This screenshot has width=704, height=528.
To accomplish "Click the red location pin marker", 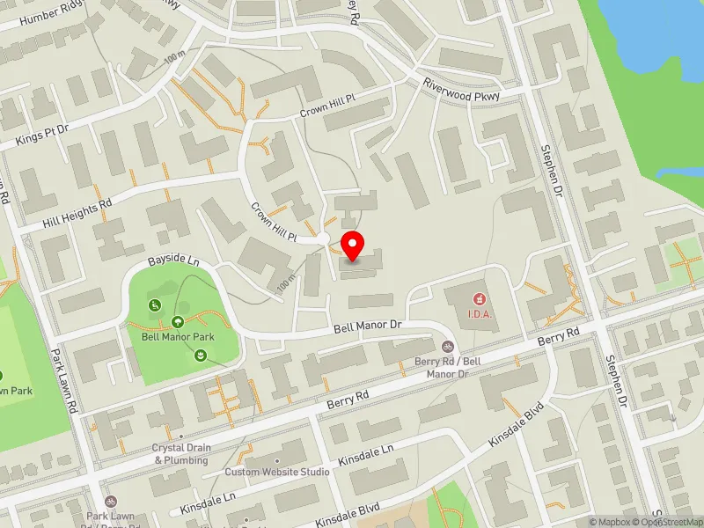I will [353, 245].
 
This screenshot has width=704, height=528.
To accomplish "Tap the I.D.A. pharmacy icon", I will [480, 299].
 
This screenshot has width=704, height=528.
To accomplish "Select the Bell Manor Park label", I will [179, 336].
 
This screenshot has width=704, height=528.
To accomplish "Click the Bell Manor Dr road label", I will [367, 326].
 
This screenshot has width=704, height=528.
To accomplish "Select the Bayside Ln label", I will [173, 262].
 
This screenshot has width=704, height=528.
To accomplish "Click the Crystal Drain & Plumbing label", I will [181, 454].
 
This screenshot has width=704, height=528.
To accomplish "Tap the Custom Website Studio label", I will [276, 472].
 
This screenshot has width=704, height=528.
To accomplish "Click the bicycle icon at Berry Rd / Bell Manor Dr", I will [448, 347].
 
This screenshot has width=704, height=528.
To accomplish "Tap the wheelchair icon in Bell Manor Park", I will [155, 305].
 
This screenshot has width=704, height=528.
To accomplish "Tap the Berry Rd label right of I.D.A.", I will [560, 335].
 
